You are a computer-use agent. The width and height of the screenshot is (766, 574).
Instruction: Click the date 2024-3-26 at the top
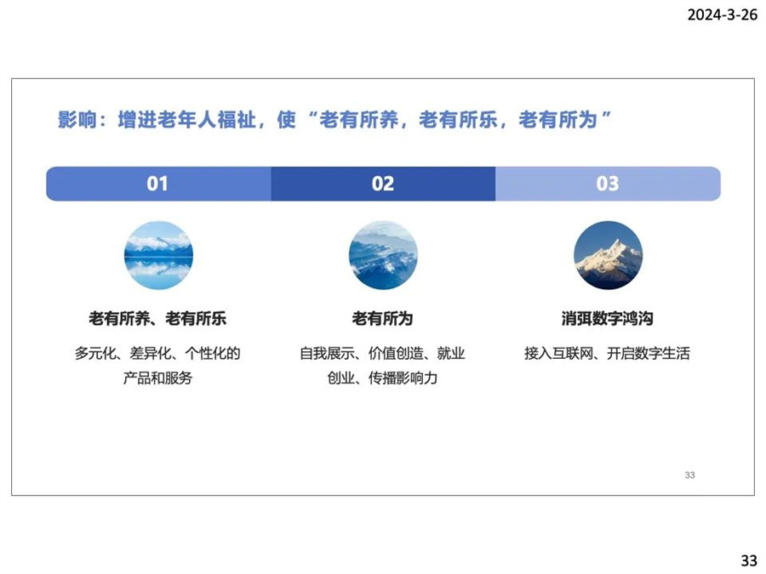722,14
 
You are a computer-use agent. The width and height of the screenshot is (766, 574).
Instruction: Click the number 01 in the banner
157,184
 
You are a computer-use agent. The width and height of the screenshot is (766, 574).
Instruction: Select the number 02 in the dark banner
382,184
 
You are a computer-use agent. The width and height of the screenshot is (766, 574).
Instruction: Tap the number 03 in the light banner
607,184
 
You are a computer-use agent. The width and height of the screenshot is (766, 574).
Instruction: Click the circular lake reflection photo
159,255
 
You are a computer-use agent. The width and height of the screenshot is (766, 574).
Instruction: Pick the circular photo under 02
383,255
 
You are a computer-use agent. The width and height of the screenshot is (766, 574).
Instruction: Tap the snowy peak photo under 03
608,255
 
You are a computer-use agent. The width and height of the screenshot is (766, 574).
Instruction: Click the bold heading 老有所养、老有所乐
157,318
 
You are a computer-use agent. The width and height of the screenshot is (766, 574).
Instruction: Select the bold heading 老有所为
382,318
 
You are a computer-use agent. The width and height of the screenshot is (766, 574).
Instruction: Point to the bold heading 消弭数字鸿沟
607,318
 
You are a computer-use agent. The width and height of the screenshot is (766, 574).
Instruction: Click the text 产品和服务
157,378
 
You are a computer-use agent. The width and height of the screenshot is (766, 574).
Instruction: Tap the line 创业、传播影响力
382,378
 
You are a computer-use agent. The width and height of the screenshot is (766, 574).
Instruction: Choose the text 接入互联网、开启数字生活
607,353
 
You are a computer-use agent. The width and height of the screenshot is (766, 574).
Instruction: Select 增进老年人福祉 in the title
186,120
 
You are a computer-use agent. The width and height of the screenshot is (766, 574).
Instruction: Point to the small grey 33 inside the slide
689,475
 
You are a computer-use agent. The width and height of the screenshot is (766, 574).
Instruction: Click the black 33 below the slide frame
749,560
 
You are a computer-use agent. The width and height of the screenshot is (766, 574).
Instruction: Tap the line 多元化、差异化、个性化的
157,353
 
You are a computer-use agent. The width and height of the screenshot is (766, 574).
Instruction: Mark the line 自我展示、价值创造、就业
382,353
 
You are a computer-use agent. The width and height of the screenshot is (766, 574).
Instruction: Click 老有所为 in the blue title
557,120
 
